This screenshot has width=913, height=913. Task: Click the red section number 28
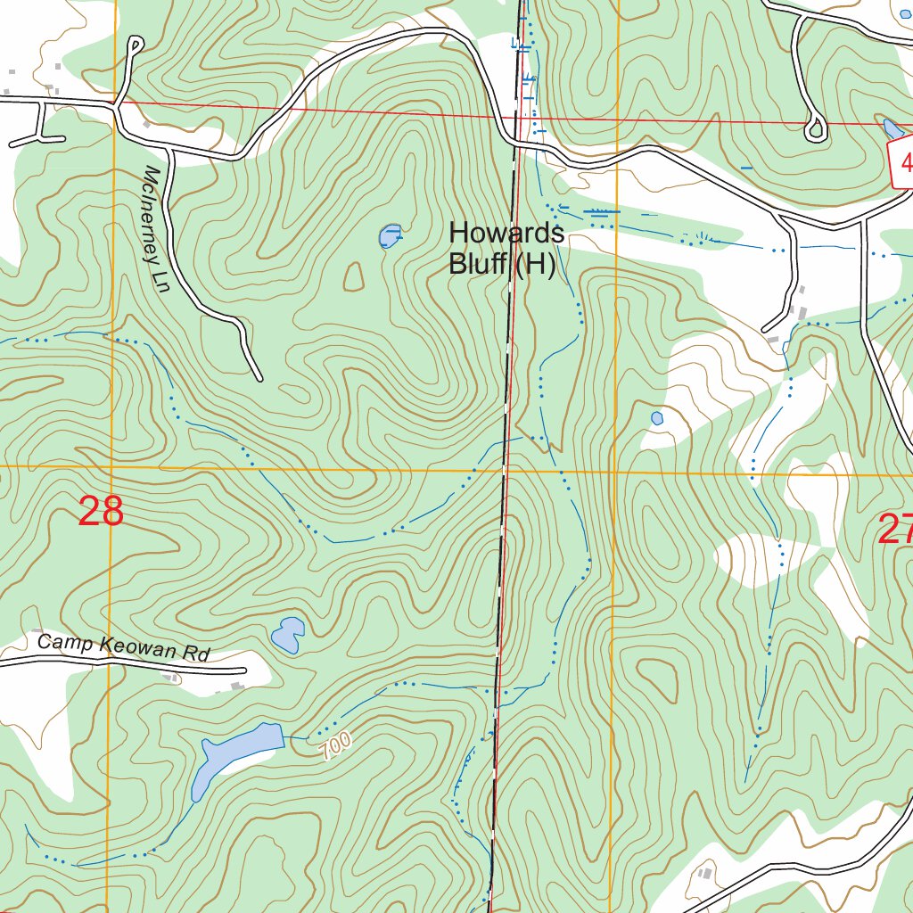pyautogui.click(x=101, y=512)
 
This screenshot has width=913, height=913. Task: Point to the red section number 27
pyautogui.click(x=895, y=530)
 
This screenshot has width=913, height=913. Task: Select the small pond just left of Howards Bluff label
pyautogui.click(x=389, y=236)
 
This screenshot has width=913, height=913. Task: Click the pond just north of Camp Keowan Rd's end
pyautogui.click(x=288, y=633)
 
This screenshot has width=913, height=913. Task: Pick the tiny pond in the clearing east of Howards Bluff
pyautogui.click(x=657, y=418)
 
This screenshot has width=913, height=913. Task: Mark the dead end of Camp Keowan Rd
pyautogui.click(x=243, y=670)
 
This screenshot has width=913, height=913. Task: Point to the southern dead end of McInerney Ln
pyautogui.click(x=259, y=378)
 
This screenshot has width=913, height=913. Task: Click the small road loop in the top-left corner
pyautogui.click(x=136, y=44)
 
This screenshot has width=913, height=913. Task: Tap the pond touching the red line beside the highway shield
pyautogui.click(x=892, y=128)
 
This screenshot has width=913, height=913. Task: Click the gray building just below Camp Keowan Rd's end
pyautogui.click(x=236, y=687)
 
